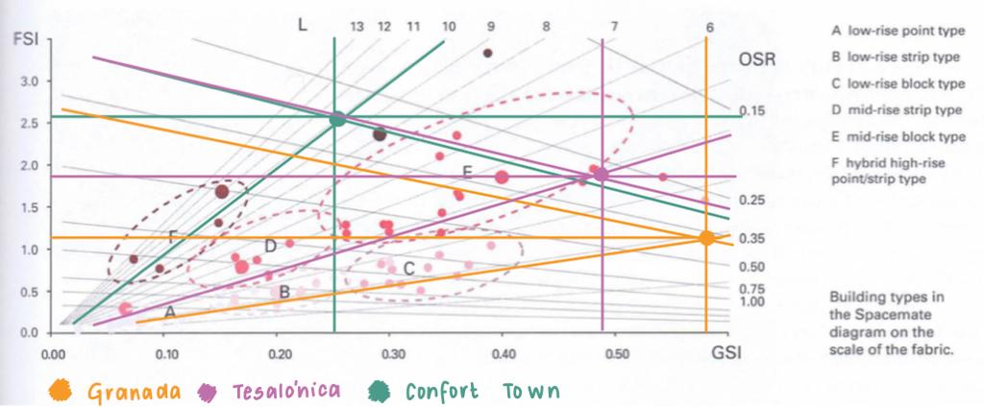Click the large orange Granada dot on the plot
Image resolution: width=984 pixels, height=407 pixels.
pos(705,238)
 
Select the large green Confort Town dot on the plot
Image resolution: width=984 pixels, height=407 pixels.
pos(337,119)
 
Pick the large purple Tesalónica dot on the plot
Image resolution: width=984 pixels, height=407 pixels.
pos(602,174)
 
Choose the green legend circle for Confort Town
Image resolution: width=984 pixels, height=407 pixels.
pos(381,392)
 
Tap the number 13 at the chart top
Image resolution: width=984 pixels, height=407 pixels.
pos(357,27)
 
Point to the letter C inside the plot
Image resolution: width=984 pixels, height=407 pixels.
pos(408,269)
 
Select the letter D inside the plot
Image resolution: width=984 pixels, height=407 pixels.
pos(270,247)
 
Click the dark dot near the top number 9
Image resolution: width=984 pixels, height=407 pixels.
pos(488,53)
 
